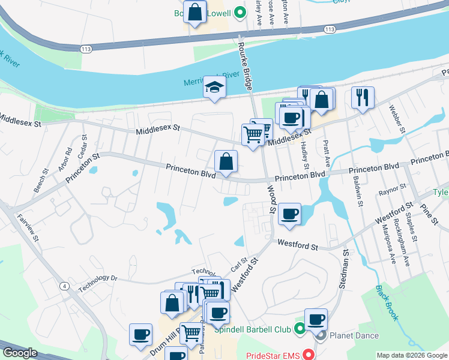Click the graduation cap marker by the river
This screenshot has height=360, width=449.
[x=214, y=89]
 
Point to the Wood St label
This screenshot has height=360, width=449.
[x=271, y=201]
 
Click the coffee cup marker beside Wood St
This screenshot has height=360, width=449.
[x=289, y=214]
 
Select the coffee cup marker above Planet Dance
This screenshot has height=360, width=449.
[x=316, y=320]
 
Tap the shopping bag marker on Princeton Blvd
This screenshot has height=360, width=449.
[x=226, y=162]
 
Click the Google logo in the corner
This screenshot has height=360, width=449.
[x=20, y=353]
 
